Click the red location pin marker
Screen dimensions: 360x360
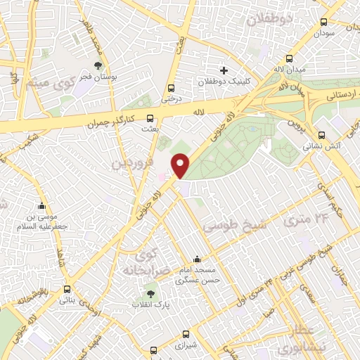[181, 165]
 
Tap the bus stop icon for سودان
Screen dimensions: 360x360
[323, 22]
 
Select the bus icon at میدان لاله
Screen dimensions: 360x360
[289, 60]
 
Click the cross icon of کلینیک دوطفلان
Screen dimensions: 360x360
[224, 70]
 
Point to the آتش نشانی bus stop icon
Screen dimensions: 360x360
[321, 135]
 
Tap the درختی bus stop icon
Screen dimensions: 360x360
[171, 88]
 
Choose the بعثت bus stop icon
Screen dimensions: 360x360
[149, 119]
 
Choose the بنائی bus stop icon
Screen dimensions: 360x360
[67, 289]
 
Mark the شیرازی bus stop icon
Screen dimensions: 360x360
[186, 335]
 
